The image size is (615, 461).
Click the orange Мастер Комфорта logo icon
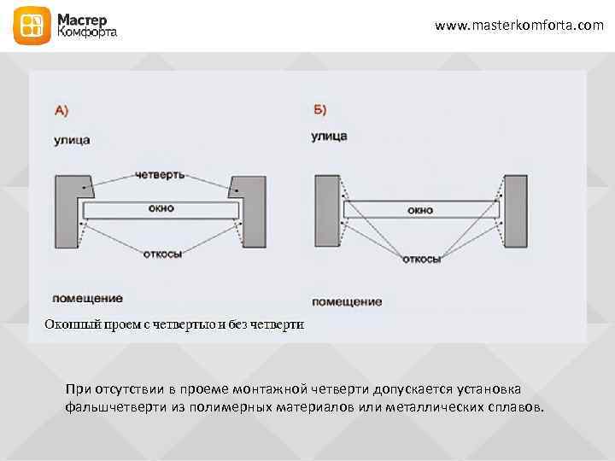pyautogui.click(x=31, y=26)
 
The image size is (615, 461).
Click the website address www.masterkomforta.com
pyautogui.click(x=518, y=26)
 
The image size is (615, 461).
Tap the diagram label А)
pyautogui.click(x=61, y=110)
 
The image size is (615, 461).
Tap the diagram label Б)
pyautogui.click(x=319, y=110)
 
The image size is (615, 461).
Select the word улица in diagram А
pyautogui.click(x=72, y=139)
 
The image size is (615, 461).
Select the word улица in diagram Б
pyautogui.click(x=329, y=136)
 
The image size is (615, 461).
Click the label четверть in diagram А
pyautogui.click(x=160, y=175)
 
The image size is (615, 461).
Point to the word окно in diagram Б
pyautogui.click(x=419, y=209)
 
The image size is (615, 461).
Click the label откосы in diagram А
pyautogui.click(x=161, y=254)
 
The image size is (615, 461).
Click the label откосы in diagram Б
pyautogui.click(x=421, y=259)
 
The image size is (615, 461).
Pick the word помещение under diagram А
pyautogui.click(x=87, y=299)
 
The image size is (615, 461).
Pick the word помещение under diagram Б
pyautogui.click(x=346, y=302)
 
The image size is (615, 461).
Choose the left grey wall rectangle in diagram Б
pyautogui.click(x=327, y=210)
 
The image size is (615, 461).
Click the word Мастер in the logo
pyautogui.click(x=83, y=18)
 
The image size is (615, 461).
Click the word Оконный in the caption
pyautogui.click(x=70, y=324)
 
